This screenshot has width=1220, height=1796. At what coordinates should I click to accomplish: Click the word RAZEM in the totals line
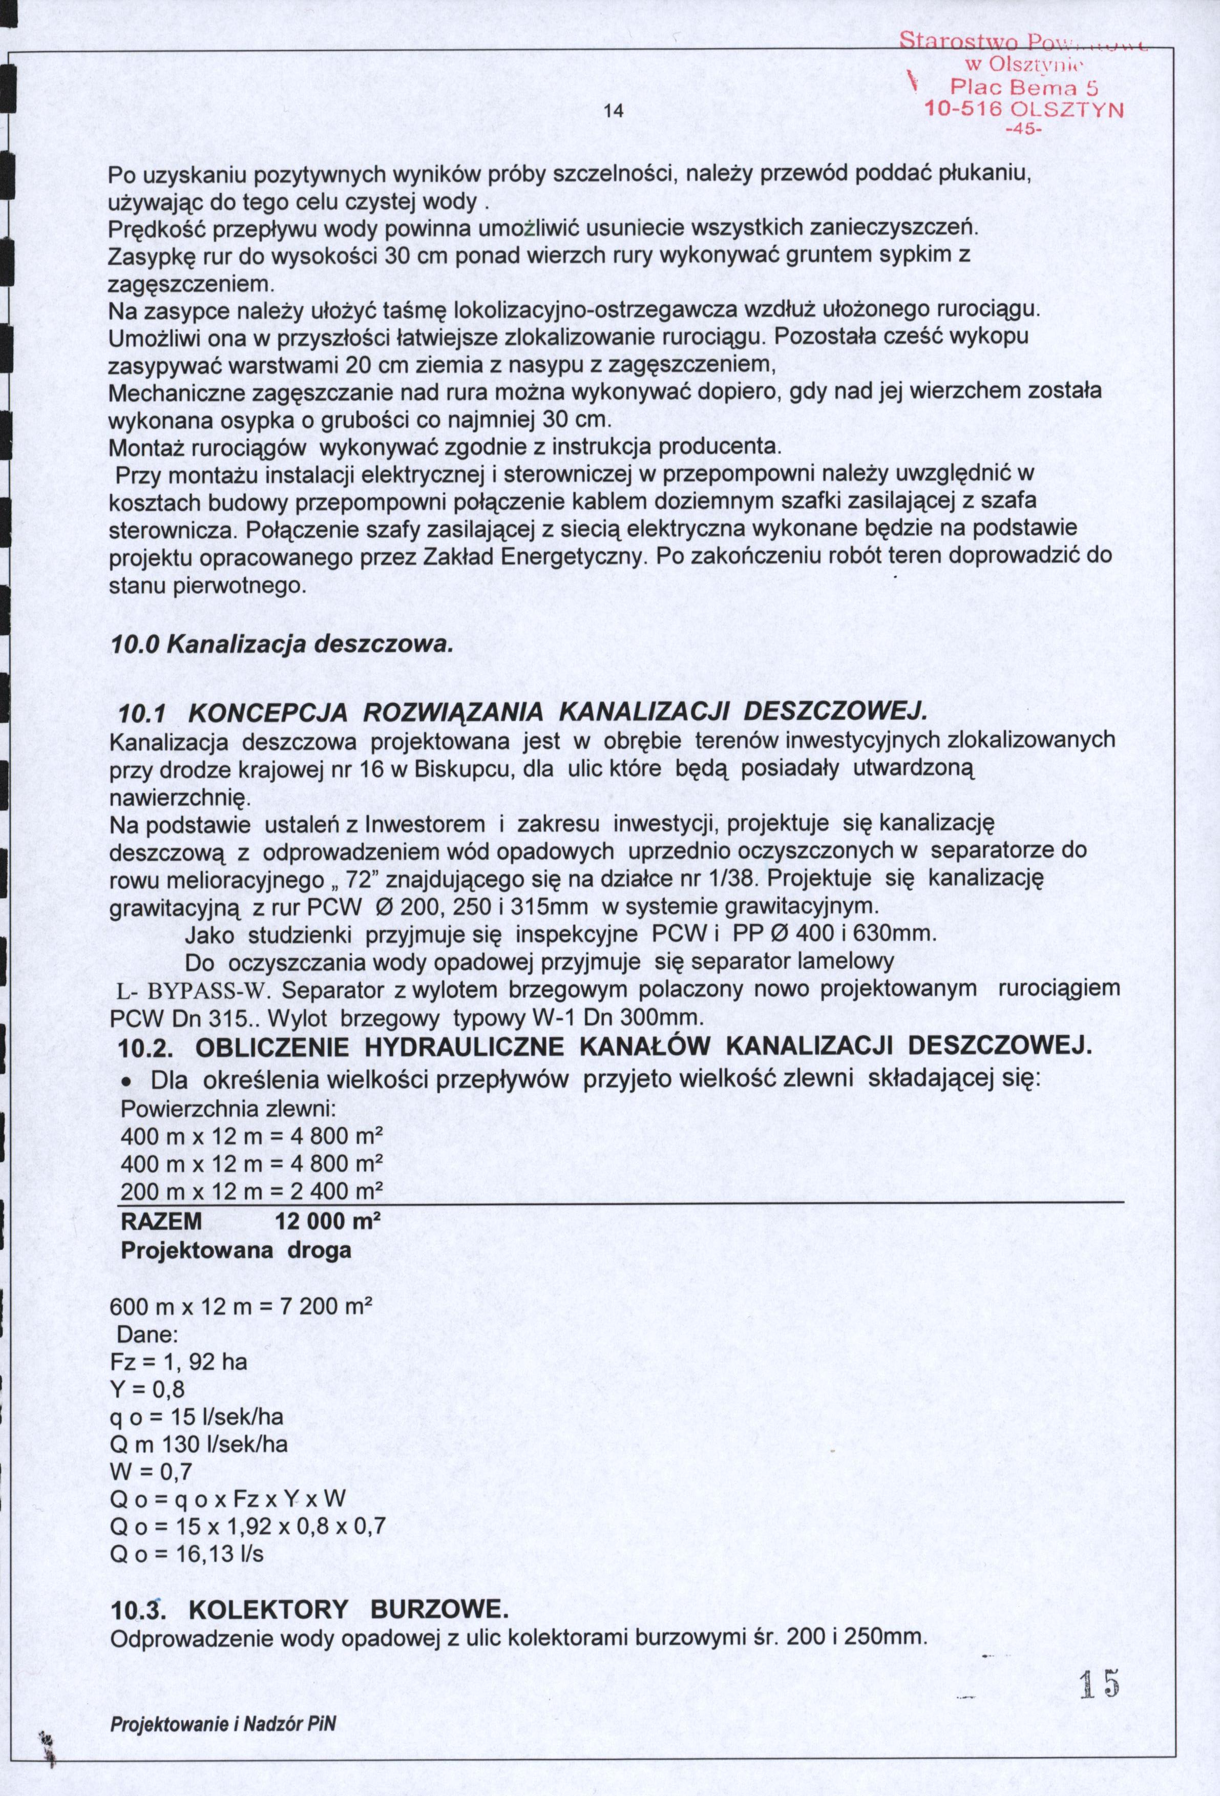click(162, 1222)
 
